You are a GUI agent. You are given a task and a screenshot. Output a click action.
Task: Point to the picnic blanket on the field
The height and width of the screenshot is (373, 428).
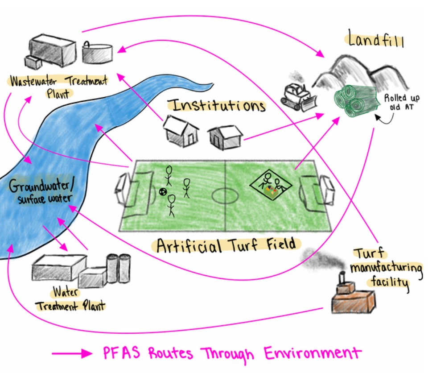tap(271, 185)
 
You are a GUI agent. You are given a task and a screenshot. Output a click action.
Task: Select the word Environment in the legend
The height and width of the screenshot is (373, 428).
tap(312, 353)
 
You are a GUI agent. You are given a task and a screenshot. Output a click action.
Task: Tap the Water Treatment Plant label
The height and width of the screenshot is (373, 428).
tap(71, 299)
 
